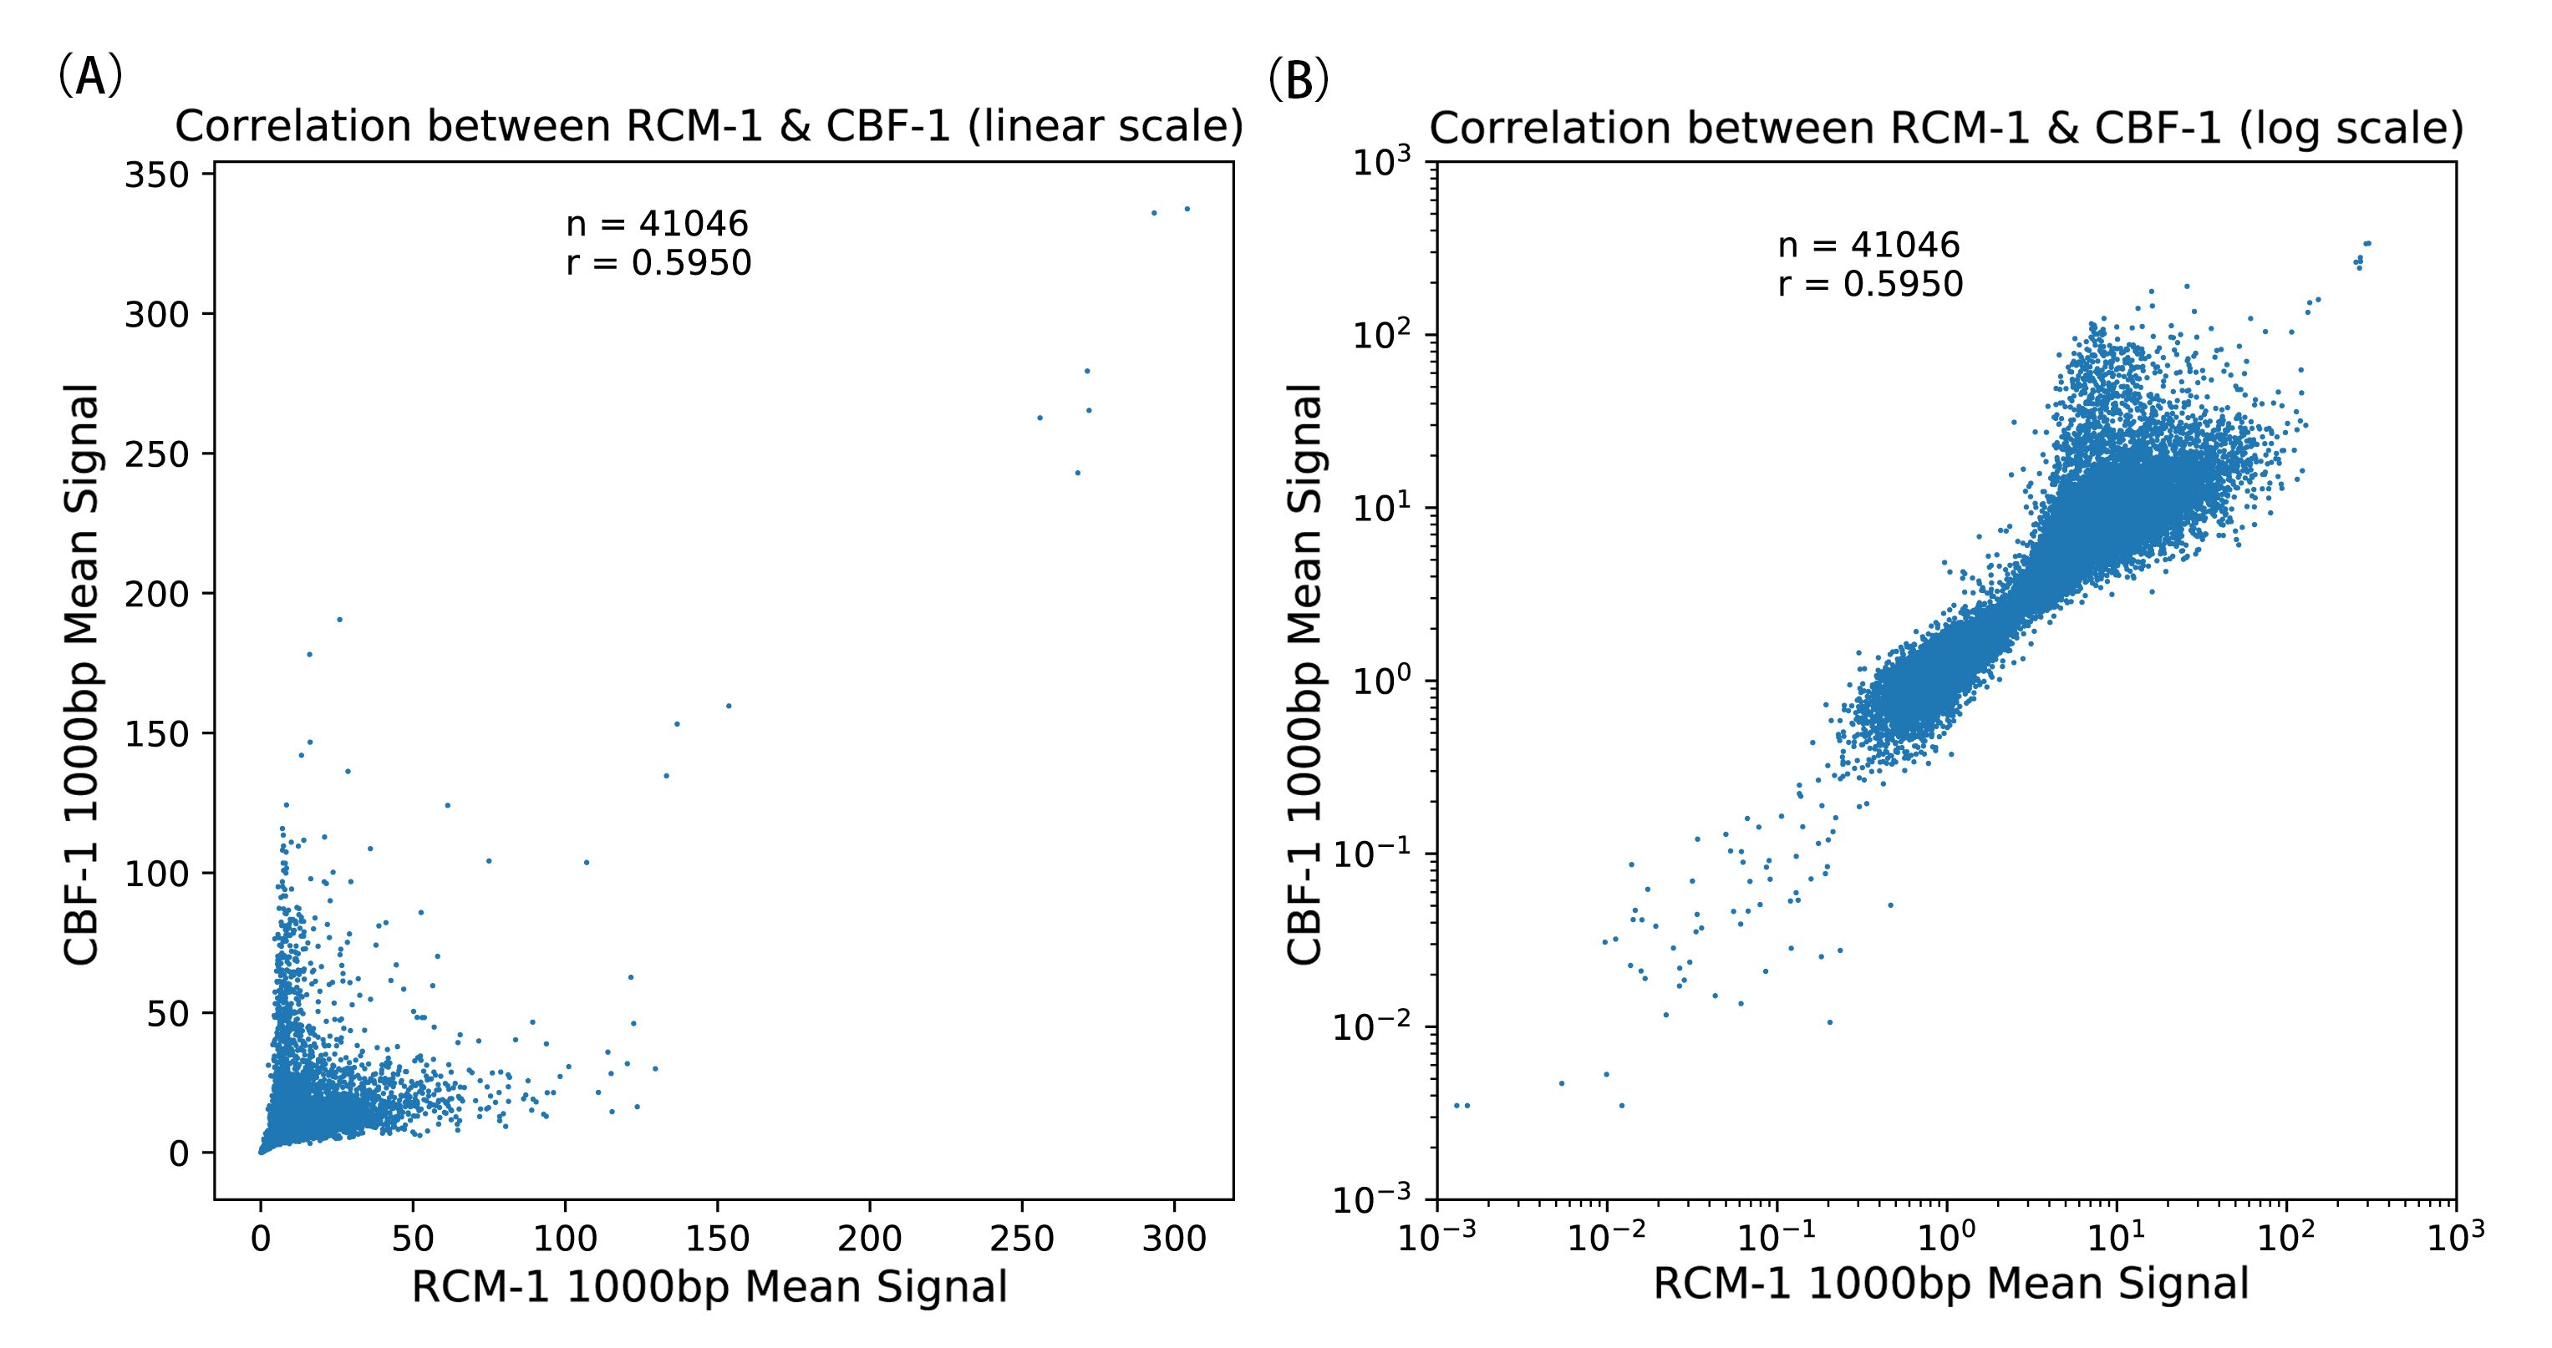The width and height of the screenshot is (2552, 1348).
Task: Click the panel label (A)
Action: coord(90,76)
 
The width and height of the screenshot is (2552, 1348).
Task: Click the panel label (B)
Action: coord(1298,80)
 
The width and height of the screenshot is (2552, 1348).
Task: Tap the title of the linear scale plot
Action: coord(709,127)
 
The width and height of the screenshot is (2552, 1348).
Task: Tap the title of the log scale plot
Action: coord(1945,129)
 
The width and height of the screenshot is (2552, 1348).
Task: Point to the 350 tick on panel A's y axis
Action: coord(155,175)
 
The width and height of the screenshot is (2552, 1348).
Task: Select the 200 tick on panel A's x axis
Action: coord(869,1238)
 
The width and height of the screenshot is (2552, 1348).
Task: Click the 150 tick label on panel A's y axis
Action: coord(155,735)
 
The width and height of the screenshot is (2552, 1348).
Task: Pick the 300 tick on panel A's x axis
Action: coord(1174,1238)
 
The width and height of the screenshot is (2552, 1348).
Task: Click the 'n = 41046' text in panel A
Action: coord(657,224)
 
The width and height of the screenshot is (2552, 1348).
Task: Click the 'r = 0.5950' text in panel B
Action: coord(1869,284)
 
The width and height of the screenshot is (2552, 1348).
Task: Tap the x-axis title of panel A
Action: coord(709,1286)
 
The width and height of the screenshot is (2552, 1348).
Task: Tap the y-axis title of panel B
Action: coord(1304,673)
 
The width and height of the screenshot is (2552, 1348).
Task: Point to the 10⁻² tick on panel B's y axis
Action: coord(1371,1027)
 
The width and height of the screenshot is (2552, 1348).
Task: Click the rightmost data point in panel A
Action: coord(1187,209)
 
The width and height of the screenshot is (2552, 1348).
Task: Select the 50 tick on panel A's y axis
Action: coord(166,1014)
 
